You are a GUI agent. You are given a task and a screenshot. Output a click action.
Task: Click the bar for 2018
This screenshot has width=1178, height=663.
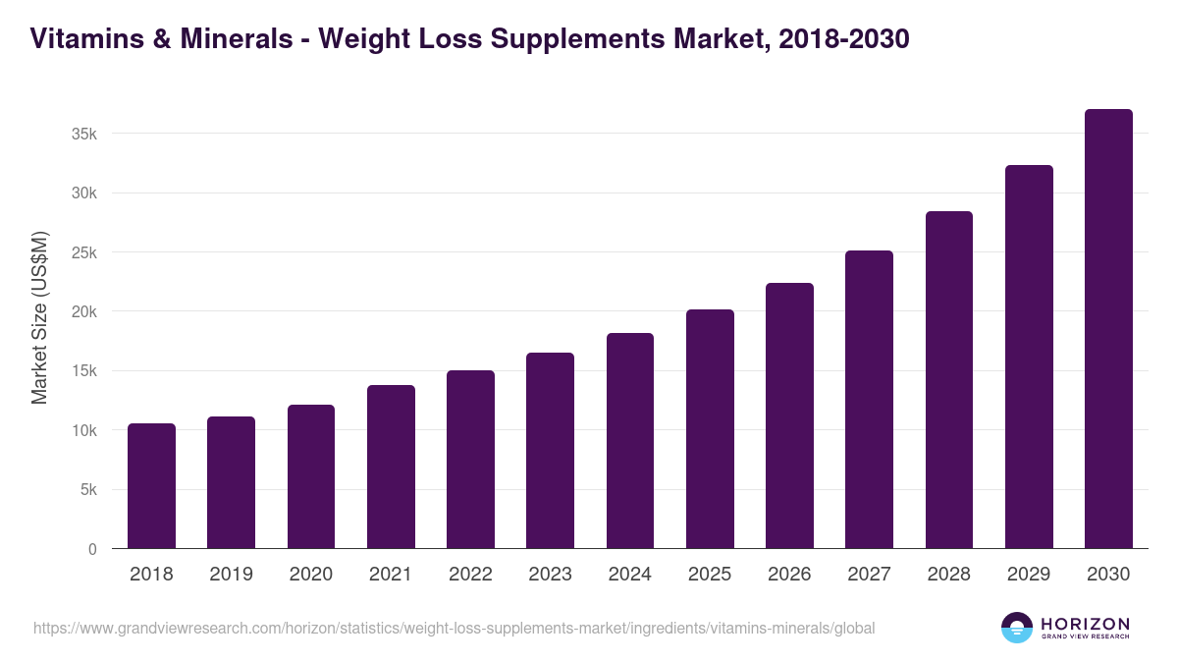coord(151,486)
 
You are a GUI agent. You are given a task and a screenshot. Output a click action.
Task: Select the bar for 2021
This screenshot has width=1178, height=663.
coord(391,467)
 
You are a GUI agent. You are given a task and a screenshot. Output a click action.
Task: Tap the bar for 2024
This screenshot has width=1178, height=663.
coord(630,441)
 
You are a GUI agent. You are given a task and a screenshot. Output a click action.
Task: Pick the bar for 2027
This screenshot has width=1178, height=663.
coord(869,400)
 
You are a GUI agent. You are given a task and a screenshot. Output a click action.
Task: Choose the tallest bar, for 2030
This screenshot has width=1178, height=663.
coord(1108,329)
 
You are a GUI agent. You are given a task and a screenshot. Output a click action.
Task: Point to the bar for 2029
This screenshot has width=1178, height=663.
coord(1029,357)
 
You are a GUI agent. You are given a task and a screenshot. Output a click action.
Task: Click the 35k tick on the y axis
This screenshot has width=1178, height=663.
coord(84,134)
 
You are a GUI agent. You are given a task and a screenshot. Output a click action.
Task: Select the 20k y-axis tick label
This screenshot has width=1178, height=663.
coord(84,311)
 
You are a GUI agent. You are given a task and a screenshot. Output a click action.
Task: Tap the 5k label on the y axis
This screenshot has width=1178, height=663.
coord(88,490)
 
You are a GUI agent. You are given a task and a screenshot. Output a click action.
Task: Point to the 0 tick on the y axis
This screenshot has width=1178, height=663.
coord(92,549)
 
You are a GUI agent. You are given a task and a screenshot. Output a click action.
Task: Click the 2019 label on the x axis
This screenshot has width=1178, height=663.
coord(231,575)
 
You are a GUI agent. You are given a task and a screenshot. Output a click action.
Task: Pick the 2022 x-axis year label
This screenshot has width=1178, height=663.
coord(470,575)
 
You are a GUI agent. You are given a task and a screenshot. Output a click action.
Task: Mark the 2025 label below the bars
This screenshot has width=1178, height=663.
coord(710,575)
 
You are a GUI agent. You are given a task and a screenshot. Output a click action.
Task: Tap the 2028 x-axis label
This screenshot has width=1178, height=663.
coord(949,575)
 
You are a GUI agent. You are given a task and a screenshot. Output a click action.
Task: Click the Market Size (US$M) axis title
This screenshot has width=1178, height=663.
coord(39,317)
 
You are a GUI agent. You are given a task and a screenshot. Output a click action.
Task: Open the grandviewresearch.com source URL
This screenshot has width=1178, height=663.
coord(454,628)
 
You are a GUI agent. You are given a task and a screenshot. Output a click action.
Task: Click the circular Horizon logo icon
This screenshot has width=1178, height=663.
coord(1016,628)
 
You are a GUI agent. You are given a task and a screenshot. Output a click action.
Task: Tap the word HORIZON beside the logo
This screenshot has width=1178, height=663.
coord(1085,623)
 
